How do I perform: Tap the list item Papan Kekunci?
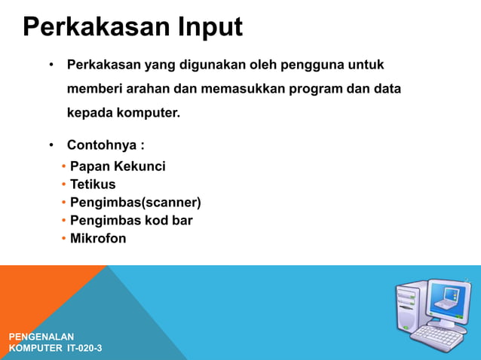point(118,166)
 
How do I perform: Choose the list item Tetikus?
point(93,184)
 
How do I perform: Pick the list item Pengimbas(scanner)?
point(136,202)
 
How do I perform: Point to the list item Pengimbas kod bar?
point(131,221)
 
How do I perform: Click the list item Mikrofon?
point(98,239)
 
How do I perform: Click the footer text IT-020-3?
point(84,349)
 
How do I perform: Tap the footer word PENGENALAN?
point(41,336)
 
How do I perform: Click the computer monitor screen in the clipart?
point(447,301)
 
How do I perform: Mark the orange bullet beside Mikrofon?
point(64,239)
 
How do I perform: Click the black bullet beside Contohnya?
point(51,145)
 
